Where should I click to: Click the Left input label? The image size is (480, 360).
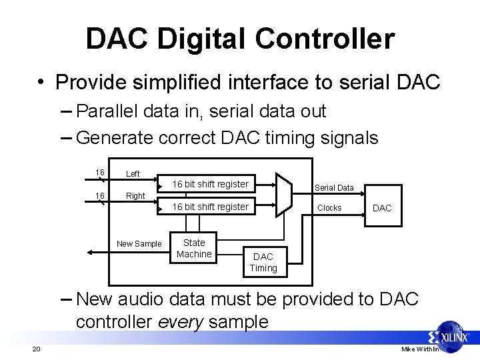coord(133,174)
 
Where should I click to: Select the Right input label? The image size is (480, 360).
coord(135,196)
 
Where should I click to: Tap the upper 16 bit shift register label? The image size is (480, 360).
coord(211,184)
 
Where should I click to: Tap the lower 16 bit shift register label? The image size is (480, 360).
coord(211,207)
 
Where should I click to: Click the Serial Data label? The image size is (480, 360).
coord(334,188)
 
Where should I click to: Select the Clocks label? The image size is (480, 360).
coord(329,208)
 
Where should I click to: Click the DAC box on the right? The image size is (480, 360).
coord(382,208)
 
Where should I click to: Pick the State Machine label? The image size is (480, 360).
coord(194,248)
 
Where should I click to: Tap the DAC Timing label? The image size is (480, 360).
coord(263,262)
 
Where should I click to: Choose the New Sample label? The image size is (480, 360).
coord(139,244)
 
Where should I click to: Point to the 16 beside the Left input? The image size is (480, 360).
coord(100,173)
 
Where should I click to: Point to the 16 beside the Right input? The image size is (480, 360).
coord(100,195)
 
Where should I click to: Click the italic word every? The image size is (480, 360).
coord(181,321)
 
